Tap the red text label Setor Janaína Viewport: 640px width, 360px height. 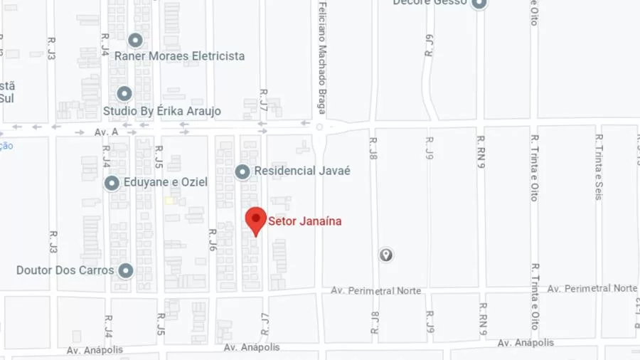click(x=304, y=221)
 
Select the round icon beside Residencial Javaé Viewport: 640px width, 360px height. click(x=242, y=171)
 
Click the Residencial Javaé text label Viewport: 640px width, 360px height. click(x=302, y=171)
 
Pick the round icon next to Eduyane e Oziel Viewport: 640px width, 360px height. click(x=112, y=183)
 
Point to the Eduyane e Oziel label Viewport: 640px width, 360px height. click(x=166, y=182)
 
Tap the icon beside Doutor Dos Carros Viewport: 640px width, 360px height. click(x=126, y=270)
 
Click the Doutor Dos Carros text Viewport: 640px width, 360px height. click(x=65, y=270)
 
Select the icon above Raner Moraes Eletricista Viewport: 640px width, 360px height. click(x=135, y=40)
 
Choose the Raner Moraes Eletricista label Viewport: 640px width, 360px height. click(x=179, y=56)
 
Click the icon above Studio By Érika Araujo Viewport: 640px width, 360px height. click(x=124, y=93)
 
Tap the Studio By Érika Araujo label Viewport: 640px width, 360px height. click(x=162, y=111)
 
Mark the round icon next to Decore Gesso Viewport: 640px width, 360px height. click(x=479, y=4)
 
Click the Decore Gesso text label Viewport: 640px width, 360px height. click(x=430, y=3)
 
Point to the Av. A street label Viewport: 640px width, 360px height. click(x=106, y=132)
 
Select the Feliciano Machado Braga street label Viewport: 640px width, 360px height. click(x=322, y=57)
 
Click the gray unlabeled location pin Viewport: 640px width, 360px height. click(x=385, y=254)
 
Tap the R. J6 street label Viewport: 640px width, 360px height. click(x=212, y=240)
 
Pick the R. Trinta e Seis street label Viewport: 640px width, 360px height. click(x=599, y=167)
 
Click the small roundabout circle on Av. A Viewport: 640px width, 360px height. click(x=319, y=127)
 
